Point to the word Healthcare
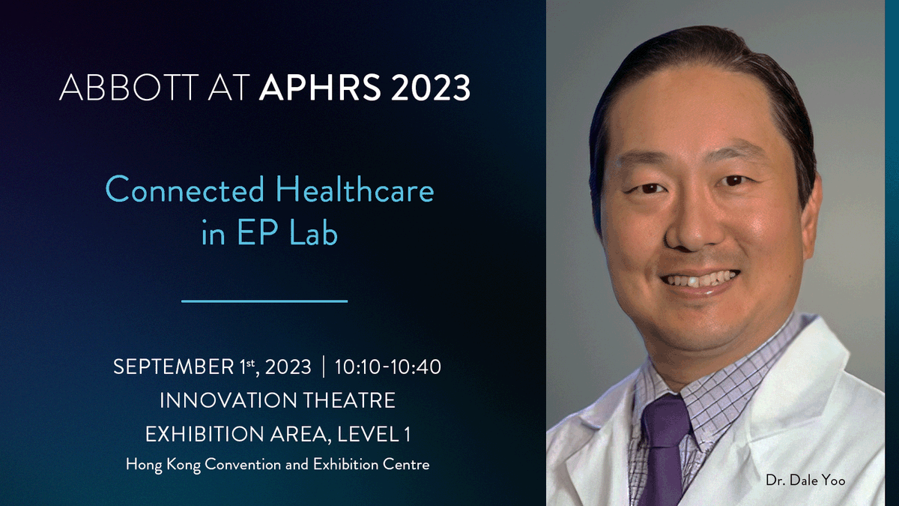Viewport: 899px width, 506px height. click(355, 190)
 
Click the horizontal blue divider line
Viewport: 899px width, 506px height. click(265, 301)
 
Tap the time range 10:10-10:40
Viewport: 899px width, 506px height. click(388, 367)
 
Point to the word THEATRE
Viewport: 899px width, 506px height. click(349, 401)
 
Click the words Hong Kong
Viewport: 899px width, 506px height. click(156, 465)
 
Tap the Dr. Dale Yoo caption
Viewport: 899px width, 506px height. click(805, 480)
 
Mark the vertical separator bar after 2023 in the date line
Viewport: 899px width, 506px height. click(323, 367)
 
